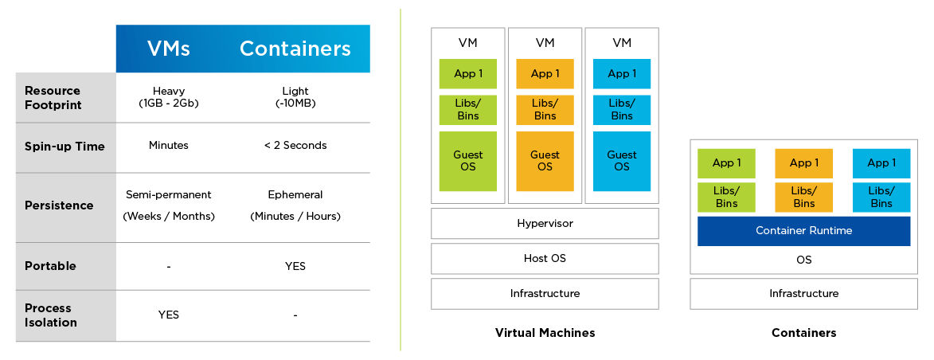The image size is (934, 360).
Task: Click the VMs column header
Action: point(169,49)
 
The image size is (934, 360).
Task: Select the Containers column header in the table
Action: point(295,49)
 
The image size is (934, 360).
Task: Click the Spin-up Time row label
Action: point(65,147)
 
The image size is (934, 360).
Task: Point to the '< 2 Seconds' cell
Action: point(295,146)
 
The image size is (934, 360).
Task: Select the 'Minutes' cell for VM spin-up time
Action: point(169,146)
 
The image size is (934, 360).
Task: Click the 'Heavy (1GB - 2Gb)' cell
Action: point(169,98)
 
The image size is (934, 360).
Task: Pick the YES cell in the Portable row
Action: point(295,266)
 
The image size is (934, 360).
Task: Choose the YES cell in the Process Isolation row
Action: point(169,315)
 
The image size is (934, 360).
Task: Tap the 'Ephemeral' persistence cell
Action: point(295,195)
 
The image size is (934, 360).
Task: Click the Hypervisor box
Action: point(545,224)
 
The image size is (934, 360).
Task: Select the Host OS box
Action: point(545,259)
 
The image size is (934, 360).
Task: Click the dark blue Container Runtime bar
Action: point(803,231)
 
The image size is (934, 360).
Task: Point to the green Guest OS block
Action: point(468,161)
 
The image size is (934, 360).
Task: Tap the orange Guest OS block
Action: point(545,161)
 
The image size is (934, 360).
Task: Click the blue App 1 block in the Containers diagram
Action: point(881,163)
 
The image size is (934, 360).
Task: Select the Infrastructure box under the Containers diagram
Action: point(803,294)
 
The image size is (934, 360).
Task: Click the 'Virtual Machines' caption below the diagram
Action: point(545,333)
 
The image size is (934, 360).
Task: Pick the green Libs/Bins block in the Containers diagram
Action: point(726,198)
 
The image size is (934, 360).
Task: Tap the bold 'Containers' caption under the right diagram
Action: point(803,333)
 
